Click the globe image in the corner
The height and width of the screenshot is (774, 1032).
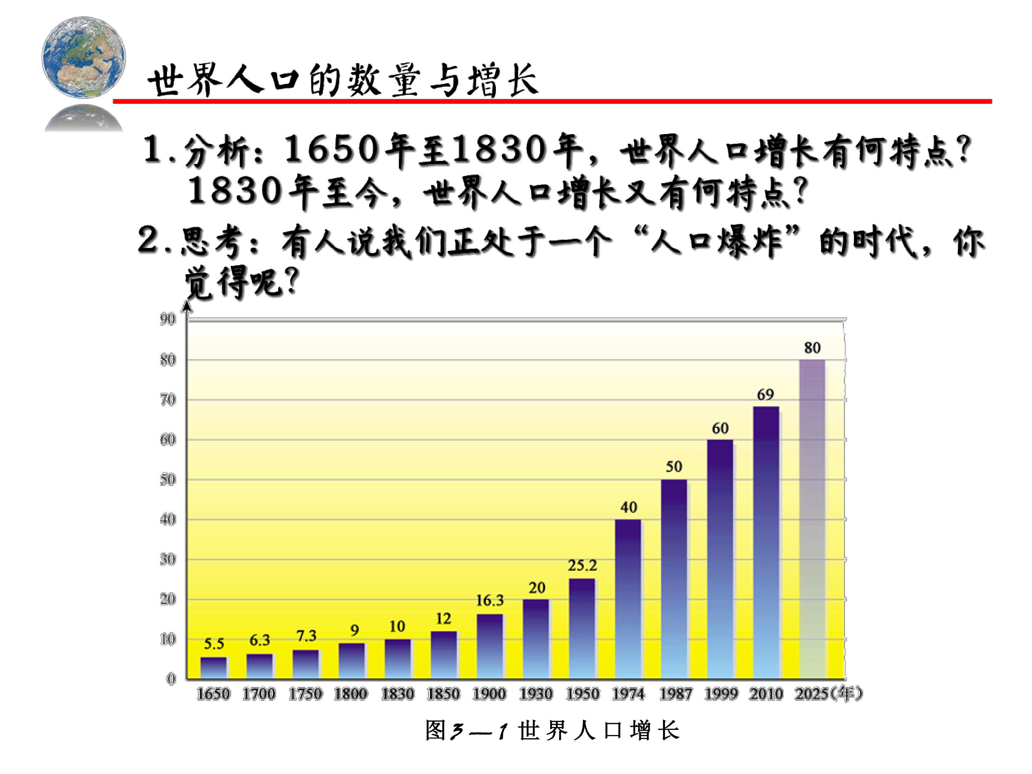pyautogui.click(x=83, y=57)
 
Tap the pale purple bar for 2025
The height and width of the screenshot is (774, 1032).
pyautogui.click(x=812, y=519)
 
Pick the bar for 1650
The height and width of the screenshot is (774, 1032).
pyautogui.click(x=214, y=668)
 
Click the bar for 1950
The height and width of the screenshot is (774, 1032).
pyautogui.click(x=582, y=629)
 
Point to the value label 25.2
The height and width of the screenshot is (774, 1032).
pyautogui.click(x=582, y=565)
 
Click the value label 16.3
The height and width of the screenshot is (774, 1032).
pyautogui.click(x=490, y=601)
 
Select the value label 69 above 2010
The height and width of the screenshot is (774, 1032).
pyautogui.click(x=765, y=395)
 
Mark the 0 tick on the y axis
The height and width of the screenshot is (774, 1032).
pyautogui.click(x=171, y=679)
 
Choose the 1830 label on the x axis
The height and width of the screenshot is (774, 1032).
pyautogui.click(x=397, y=694)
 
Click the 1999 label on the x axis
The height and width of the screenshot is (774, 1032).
pyautogui.click(x=721, y=694)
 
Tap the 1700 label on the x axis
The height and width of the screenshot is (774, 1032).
pyautogui.click(x=259, y=694)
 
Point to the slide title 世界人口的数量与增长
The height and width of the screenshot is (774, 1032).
pyautogui.click(x=343, y=80)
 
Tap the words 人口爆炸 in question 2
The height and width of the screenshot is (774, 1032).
pyautogui.click(x=716, y=242)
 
